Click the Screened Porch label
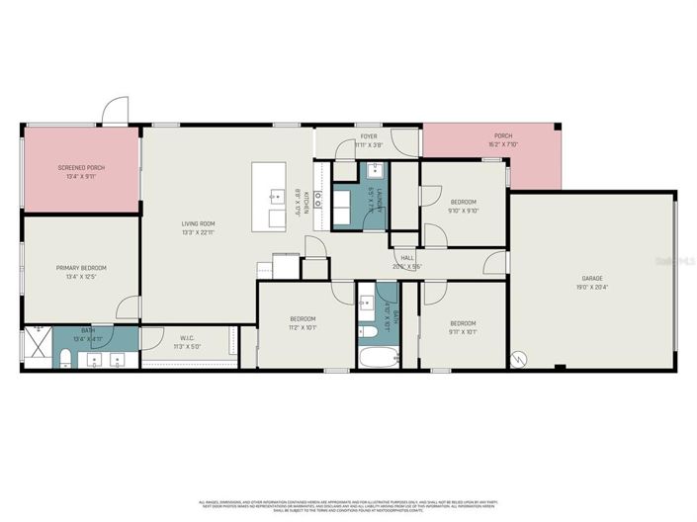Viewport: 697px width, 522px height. (x=81, y=167)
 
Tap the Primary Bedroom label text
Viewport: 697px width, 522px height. (x=81, y=268)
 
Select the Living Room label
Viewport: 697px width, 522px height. (x=198, y=223)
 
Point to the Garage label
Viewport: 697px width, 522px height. (x=591, y=278)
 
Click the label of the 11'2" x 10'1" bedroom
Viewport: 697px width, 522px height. (x=303, y=323)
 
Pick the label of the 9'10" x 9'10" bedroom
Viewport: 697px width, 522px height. (x=463, y=202)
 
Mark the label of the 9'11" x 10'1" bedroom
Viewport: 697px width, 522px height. (x=463, y=323)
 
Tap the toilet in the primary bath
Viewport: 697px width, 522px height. (x=62, y=357)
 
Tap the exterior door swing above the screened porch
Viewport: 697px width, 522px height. (x=116, y=109)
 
